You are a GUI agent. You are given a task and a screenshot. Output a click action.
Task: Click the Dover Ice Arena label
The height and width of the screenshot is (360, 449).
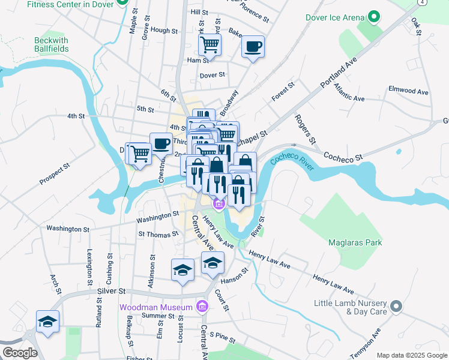(x=335, y=17)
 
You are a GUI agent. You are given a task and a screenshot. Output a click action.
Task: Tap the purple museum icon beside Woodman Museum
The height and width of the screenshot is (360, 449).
(x=202, y=307)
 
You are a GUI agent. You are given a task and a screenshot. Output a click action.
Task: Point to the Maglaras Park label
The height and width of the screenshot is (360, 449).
(x=355, y=242)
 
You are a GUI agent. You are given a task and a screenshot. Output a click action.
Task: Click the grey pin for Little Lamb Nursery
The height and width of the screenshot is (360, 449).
(x=395, y=307)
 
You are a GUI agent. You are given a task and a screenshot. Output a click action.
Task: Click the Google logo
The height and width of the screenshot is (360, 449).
(x=20, y=353)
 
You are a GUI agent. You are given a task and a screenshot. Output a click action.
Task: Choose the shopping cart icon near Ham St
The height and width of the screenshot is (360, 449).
(x=209, y=43)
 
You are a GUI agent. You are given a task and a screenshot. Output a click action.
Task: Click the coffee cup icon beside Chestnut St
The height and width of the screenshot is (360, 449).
(x=161, y=143)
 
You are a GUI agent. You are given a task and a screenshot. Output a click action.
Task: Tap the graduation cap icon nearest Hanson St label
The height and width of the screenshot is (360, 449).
(x=212, y=262)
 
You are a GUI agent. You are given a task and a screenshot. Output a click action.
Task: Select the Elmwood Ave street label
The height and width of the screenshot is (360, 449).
(x=408, y=92)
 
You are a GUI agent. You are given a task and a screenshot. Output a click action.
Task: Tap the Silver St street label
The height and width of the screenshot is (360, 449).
(x=109, y=290)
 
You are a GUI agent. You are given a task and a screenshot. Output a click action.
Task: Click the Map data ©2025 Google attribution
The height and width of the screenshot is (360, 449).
(x=411, y=355)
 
